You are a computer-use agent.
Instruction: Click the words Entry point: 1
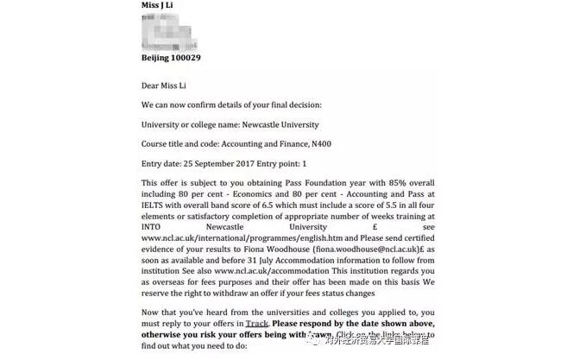pos(282,163)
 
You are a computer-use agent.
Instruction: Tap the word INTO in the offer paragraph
pos(152,224)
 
